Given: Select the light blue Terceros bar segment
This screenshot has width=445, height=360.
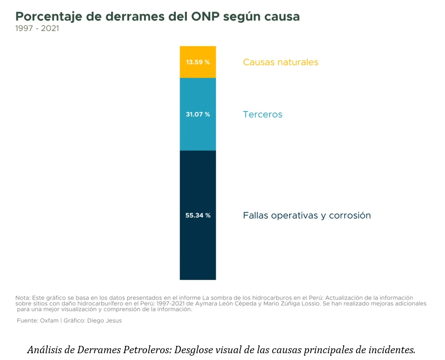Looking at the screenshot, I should click(198, 132).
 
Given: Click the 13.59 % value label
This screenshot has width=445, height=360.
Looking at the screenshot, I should click(198, 62).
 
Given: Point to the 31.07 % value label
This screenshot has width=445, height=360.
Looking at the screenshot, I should click(198, 114).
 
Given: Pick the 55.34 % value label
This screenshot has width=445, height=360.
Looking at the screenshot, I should click(198, 215).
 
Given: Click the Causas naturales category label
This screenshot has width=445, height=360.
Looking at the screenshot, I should click(280, 62).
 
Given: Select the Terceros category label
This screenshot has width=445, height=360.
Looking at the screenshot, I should click(262, 115).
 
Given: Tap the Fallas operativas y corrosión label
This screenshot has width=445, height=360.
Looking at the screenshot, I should click(307, 215).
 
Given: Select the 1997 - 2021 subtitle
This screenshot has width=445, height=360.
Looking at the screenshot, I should click(37, 28).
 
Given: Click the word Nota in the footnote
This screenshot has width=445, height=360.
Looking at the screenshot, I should click(22, 298).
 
